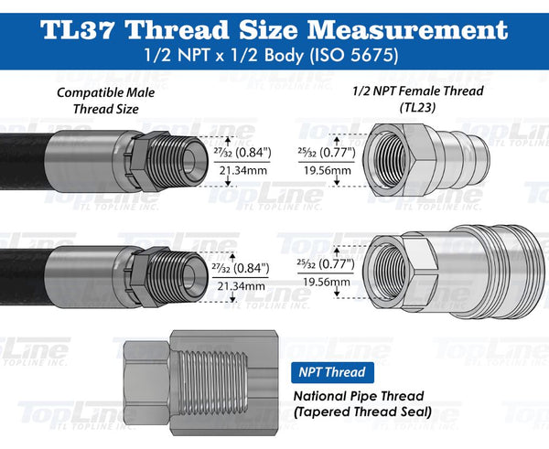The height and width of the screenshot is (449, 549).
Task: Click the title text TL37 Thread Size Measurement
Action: point(274,28)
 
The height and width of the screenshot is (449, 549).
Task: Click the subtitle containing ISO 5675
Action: point(274,56)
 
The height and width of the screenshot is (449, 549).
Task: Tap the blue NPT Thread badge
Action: point(333,372)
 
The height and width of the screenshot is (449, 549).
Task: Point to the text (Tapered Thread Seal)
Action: point(361,412)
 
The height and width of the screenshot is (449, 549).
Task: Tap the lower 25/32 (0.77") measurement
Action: point(320,262)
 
